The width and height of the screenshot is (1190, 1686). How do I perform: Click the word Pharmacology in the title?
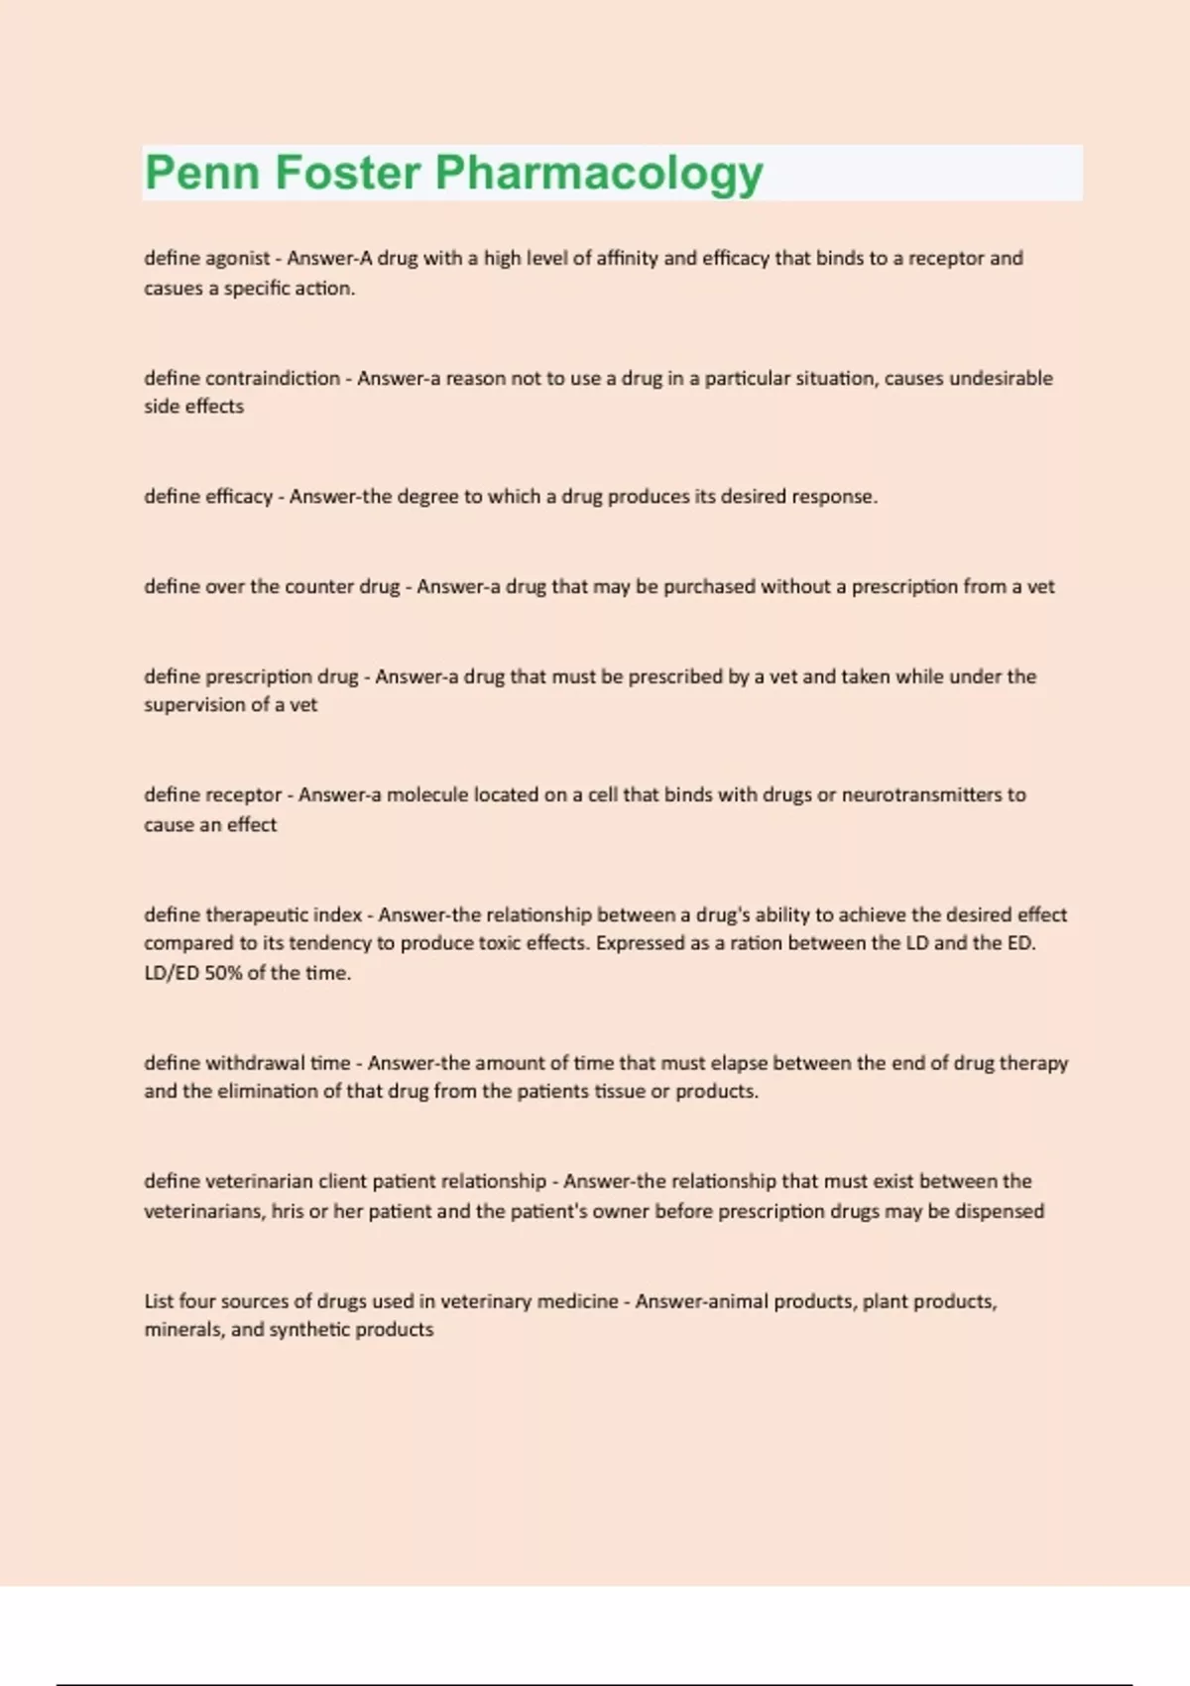[x=599, y=174]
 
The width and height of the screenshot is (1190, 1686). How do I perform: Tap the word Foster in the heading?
[x=347, y=173]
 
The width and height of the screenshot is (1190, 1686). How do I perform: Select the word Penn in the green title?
[x=203, y=173]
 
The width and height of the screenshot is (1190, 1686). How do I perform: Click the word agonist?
[x=237, y=259]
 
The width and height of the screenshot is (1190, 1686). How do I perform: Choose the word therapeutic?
[x=256, y=914]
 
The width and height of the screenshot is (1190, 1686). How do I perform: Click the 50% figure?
[x=223, y=973]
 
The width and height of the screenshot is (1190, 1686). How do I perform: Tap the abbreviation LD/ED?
[x=172, y=973]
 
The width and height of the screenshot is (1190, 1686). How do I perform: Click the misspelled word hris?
[x=288, y=1211]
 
